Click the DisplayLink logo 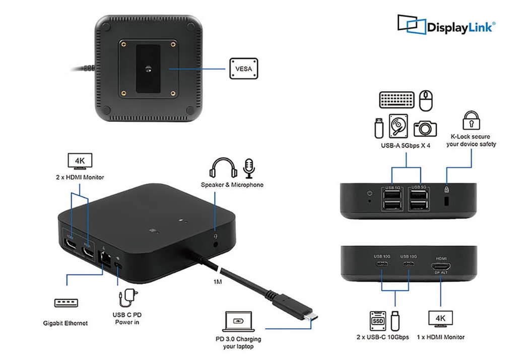tap(446, 25)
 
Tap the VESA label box tap(244, 67)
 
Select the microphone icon tap(249, 168)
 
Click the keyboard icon tap(396, 99)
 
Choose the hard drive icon tap(397, 126)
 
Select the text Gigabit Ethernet tap(65, 323)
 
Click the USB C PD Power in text tap(127, 318)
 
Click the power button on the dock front tap(370, 193)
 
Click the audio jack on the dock tap(217, 245)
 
